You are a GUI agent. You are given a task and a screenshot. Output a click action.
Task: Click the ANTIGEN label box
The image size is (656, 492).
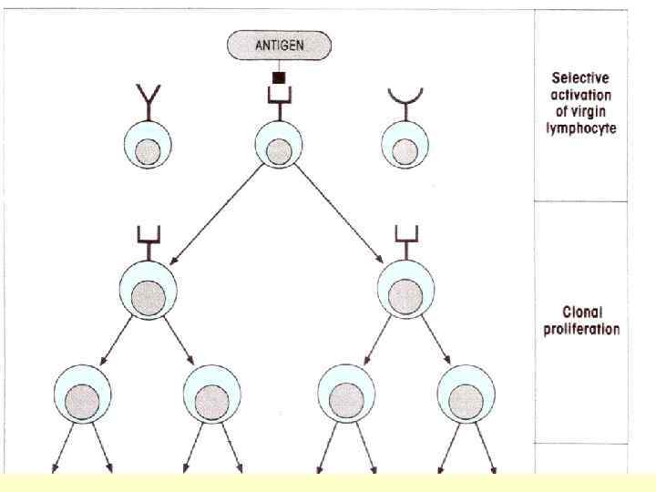click(x=279, y=43)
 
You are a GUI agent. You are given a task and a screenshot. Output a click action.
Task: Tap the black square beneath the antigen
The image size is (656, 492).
click(x=279, y=77)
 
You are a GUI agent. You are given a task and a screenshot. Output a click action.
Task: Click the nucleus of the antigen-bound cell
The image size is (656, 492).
click(x=279, y=150)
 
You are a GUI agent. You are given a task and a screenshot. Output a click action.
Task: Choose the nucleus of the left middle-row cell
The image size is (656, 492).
click(x=149, y=296)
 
